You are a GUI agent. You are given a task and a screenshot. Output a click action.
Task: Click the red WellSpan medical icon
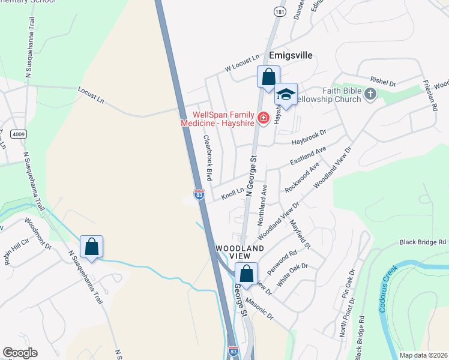point(263,118)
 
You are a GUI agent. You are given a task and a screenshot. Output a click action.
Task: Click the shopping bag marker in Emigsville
point(268,77)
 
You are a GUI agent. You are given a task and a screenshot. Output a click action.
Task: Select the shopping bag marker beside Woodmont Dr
point(91,247)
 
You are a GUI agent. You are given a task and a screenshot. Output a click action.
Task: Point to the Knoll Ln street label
point(233,193)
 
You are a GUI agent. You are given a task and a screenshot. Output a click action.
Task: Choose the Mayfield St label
point(300,235)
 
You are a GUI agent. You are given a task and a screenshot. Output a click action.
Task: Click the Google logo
point(20,353)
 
